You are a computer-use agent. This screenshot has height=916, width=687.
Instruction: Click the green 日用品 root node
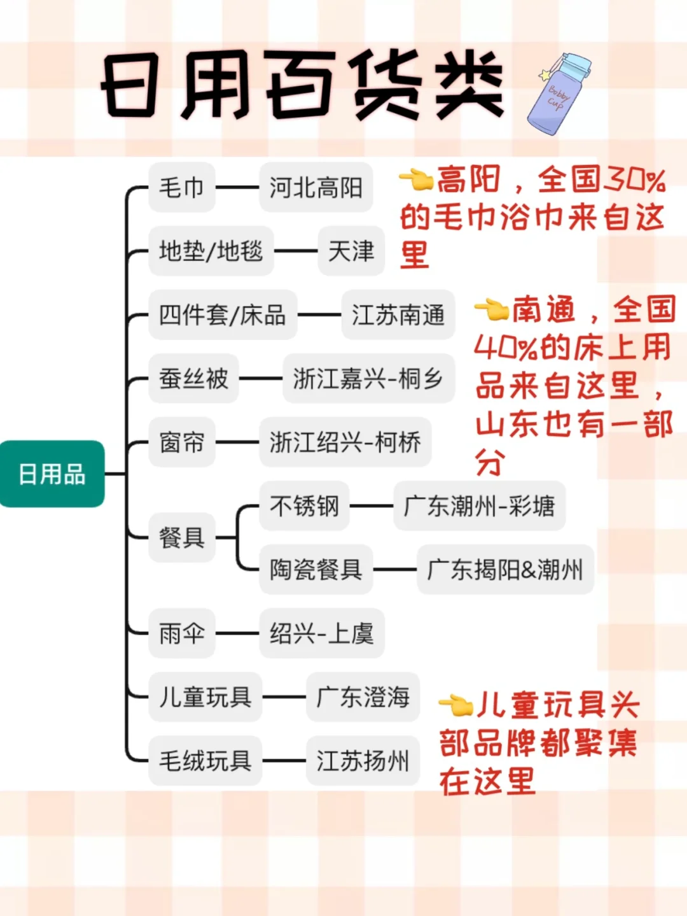(52, 474)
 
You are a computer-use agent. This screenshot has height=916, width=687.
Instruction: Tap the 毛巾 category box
(181, 187)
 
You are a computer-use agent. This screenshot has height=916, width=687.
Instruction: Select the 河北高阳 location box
(316, 187)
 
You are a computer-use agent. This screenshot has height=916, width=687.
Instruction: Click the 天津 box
(351, 251)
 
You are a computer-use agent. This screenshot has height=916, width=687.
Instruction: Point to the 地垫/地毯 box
(211, 251)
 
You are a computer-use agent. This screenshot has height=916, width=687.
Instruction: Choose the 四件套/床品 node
(222, 314)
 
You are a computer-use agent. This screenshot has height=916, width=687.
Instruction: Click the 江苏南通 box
(398, 314)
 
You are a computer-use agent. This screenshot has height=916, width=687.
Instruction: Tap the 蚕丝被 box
(193, 378)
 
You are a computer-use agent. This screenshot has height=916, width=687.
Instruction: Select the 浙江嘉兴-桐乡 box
(368, 378)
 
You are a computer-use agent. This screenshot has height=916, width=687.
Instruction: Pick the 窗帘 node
(181, 442)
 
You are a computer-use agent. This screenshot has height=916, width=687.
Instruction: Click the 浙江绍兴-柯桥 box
(345, 442)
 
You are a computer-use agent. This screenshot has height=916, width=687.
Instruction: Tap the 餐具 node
(181, 537)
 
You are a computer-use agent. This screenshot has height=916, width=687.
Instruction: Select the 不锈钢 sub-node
(304, 506)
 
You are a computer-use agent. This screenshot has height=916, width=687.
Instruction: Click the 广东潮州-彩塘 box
(479, 506)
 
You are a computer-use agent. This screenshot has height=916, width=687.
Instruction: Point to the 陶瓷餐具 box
(316, 569)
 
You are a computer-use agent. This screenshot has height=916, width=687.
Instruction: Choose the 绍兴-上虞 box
(321, 633)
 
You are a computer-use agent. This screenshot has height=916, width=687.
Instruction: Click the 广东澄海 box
(363, 697)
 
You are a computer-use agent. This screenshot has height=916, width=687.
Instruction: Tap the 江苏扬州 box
(363, 761)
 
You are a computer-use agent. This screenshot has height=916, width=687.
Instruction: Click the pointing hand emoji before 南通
(491, 309)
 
